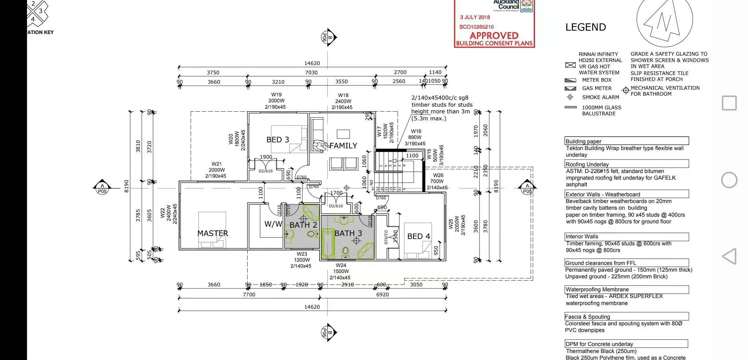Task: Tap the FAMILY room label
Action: tap(342, 145)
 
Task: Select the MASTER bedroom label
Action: tap(212, 233)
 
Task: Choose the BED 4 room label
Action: tap(419, 236)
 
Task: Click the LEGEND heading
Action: tap(586, 28)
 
